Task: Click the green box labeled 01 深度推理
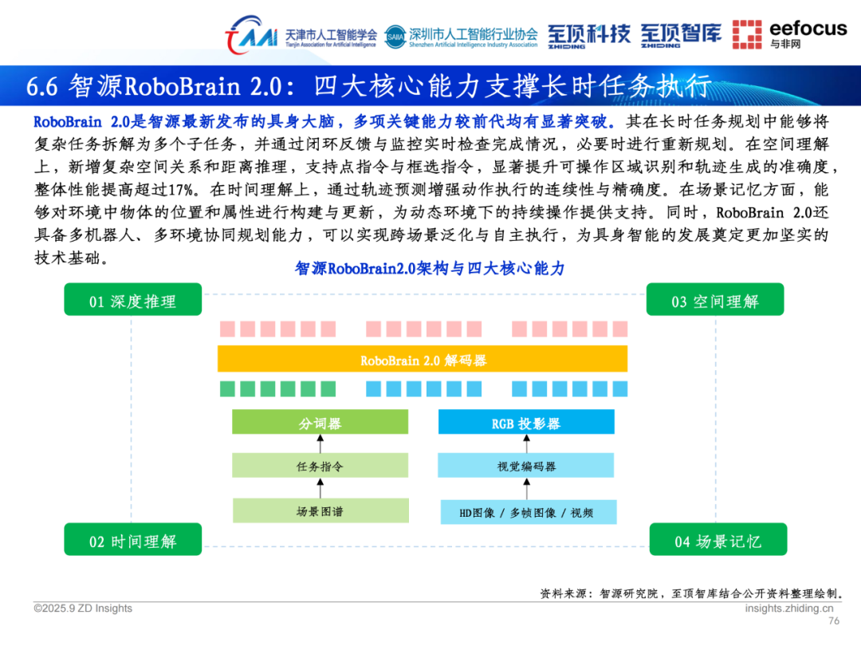(132, 301)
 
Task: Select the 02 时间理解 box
(132, 541)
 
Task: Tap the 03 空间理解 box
(714, 301)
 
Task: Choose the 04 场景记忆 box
(717, 541)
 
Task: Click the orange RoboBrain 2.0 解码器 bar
(423, 360)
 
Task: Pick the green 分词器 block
(320, 423)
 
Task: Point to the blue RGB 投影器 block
(526, 423)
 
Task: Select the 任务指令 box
(320, 466)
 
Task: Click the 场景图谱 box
(320, 511)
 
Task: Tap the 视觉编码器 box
(526, 466)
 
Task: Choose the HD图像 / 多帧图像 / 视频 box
(526, 512)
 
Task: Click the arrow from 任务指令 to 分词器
(320, 443)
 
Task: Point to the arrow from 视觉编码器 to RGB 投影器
(526, 443)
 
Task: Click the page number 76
(834, 621)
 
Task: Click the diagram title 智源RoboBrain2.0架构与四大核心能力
(430, 269)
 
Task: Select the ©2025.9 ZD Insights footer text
(83, 609)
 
